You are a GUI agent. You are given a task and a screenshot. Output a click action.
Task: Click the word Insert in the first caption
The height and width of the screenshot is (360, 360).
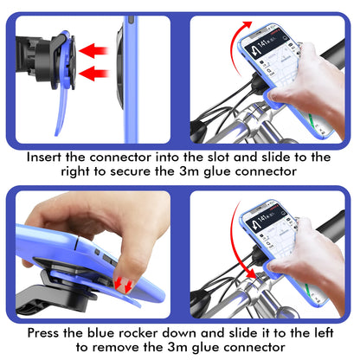pos(44,157)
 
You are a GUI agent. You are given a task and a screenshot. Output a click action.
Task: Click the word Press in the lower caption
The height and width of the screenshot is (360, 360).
pos(44,333)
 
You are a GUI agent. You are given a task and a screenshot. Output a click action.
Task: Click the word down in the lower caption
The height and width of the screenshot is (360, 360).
pos(178,333)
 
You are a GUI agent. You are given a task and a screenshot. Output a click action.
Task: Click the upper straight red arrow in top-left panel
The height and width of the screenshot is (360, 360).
pos(93,51)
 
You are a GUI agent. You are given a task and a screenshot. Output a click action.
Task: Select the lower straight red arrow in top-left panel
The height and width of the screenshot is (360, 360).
pos(93,74)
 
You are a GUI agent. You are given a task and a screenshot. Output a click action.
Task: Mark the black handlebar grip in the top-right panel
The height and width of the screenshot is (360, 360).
pos(335,54)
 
